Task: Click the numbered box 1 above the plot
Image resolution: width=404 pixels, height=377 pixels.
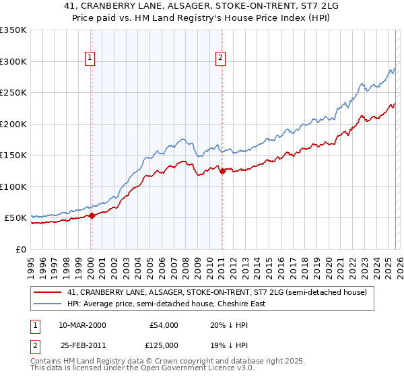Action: coord(91,59)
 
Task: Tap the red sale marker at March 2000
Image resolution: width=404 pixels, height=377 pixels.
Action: coord(92,216)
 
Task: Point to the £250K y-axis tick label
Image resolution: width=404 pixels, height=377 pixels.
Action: coord(13,93)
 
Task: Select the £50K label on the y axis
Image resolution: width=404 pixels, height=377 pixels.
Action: coord(15,218)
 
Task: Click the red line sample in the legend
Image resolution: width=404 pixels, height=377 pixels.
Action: coord(48,293)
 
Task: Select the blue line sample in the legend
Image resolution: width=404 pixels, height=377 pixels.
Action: coord(48,304)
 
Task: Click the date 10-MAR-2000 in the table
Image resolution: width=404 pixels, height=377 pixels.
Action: coord(82,325)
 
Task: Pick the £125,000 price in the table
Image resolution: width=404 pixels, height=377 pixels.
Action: coord(164,345)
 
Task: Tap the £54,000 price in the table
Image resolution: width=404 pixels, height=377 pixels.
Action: coord(164,325)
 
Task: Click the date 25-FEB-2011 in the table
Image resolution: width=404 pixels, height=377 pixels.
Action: coord(82,345)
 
